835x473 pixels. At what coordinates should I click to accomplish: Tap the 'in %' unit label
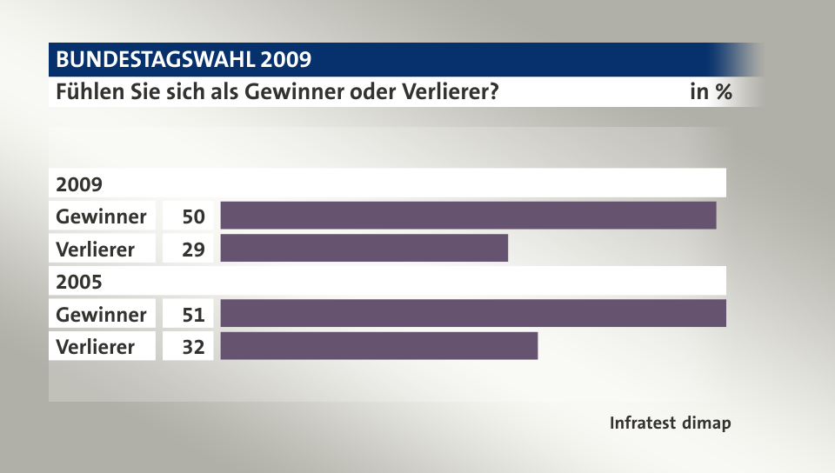(710, 91)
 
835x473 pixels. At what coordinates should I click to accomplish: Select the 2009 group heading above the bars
(79, 184)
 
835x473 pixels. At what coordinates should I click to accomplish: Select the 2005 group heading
(79, 282)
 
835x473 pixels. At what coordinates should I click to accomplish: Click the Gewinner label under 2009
(101, 216)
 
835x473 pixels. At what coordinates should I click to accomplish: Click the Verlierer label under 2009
(96, 249)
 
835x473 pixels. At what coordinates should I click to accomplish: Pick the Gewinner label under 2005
(101, 314)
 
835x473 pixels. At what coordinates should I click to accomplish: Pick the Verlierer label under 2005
(96, 346)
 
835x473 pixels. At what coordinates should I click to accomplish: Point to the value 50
(193, 216)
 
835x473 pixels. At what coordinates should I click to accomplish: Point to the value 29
(193, 249)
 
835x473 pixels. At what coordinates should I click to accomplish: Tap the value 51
(193, 314)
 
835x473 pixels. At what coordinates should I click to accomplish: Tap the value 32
(193, 346)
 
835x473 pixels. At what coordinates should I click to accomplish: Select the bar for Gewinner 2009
(468, 216)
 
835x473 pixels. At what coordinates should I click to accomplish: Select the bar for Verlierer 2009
(364, 249)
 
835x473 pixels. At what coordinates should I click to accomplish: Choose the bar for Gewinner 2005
(473, 314)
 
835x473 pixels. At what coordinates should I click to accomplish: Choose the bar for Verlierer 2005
(379, 346)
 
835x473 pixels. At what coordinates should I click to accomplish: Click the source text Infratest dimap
(670, 423)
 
